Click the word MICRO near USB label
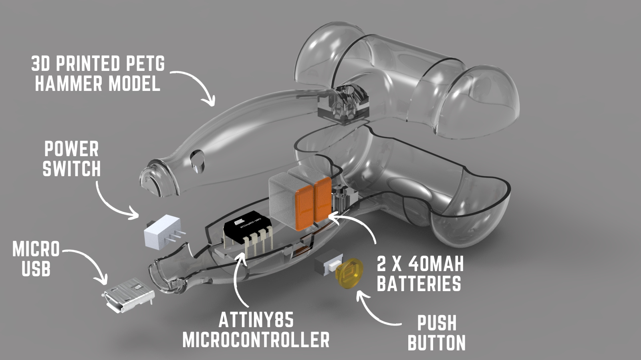36,249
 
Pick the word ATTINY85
256,320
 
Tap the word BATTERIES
419,284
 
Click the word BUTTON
436,343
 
